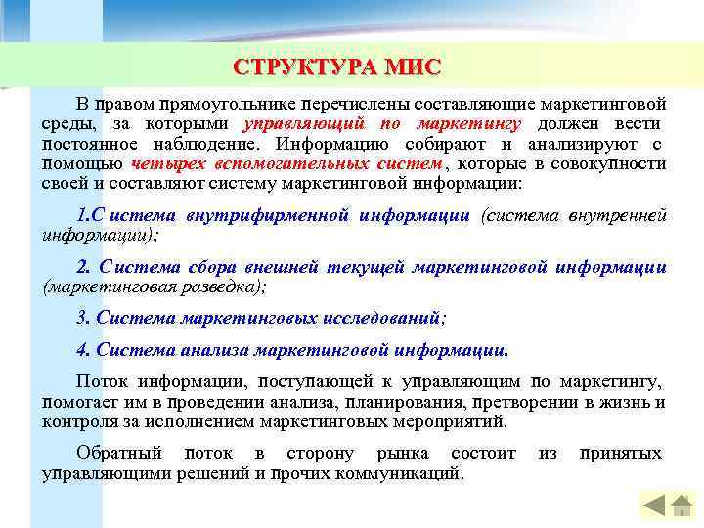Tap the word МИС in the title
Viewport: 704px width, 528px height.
point(414,66)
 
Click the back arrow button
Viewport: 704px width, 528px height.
point(654,506)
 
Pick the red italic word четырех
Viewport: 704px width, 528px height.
point(164,163)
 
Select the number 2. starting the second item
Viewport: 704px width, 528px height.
point(83,267)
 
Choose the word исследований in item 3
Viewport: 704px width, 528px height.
point(387,318)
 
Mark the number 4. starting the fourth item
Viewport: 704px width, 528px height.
point(83,349)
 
